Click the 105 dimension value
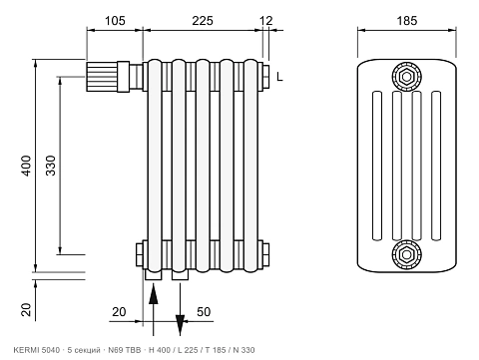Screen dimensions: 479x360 tap(115, 21)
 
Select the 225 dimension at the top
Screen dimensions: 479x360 tap(203, 21)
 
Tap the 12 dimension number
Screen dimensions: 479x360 tap(265, 21)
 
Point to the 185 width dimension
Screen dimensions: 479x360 tap(406, 21)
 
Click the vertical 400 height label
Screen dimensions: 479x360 tap(26, 166)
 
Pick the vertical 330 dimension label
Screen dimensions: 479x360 tap(51, 166)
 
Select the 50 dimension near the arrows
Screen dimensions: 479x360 tap(204, 312)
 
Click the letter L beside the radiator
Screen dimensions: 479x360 tap(279, 77)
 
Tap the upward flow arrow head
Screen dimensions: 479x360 tap(153, 293)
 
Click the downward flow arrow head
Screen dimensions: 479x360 tap(180, 325)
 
